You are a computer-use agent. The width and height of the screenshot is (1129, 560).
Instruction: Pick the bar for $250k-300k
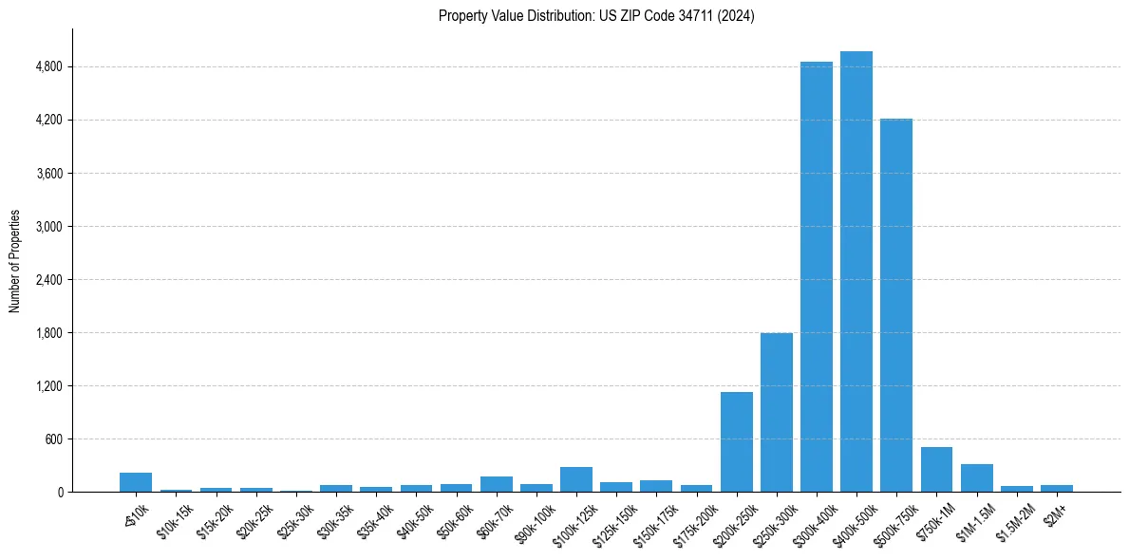(x=777, y=413)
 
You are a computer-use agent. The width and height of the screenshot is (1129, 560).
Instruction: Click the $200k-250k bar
(x=737, y=442)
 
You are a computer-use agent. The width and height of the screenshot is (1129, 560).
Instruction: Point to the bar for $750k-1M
(x=936, y=470)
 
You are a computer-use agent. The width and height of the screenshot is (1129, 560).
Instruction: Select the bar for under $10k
(x=136, y=482)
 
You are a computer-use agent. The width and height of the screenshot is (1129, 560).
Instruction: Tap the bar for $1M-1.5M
(x=976, y=478)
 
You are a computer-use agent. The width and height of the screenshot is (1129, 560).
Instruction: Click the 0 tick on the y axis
(x=59, y=493)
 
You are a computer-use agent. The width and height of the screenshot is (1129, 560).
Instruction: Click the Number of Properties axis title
(x=15, y=261)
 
